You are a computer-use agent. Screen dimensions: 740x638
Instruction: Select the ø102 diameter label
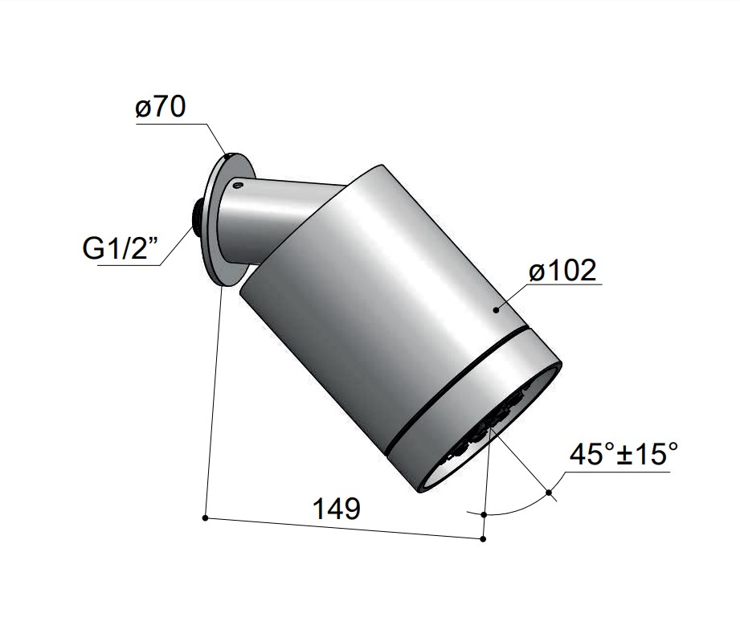562,271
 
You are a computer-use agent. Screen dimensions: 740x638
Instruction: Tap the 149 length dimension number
337,509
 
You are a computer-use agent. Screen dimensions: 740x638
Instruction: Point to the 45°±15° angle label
623,453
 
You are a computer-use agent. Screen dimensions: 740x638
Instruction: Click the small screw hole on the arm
237,184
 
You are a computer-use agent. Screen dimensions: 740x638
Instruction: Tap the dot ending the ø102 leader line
496,309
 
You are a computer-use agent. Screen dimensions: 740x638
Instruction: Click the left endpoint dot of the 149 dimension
205,518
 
